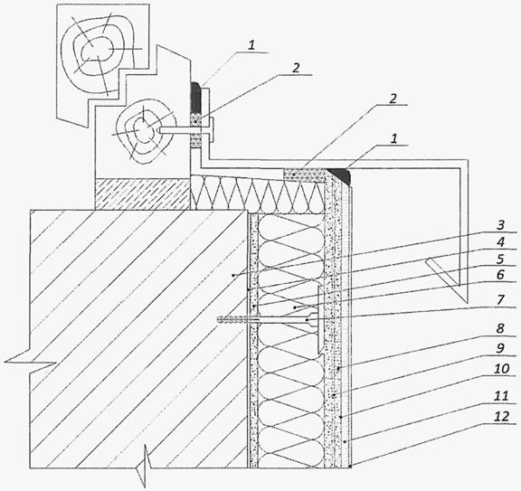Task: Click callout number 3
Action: click(x=500, y=225)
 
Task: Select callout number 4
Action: click(x=500, y=241)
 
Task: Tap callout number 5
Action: click(x=500, y=259)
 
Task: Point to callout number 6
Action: click(x=500, y=275)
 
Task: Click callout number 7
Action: click(x=500, y=299)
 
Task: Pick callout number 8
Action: click(x=500, y=328)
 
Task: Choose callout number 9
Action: click(x=500, y=348)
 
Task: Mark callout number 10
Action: click(x=501, y=368)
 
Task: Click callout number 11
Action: click(x=501, y=396)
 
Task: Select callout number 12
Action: click(x=501, y=416)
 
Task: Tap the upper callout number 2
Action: click(x=296, y=68)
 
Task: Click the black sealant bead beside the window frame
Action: click(x=195, y=97)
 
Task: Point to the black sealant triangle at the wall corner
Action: click(x=341, y=175)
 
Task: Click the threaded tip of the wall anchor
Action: click(x=231, y=320)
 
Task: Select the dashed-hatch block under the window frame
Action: click(x=142, y=194)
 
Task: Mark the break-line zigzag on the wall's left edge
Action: click(x=30, y=362)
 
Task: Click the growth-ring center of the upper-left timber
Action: click(x=92, y=51)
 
